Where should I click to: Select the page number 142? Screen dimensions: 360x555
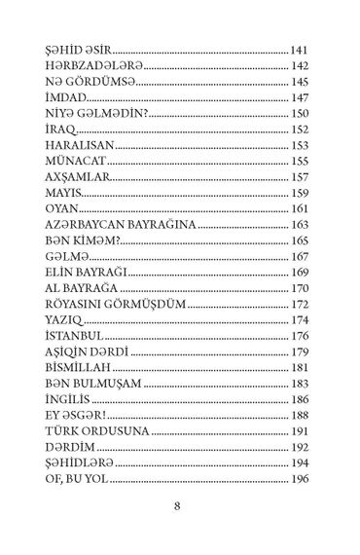click(300, 67)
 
